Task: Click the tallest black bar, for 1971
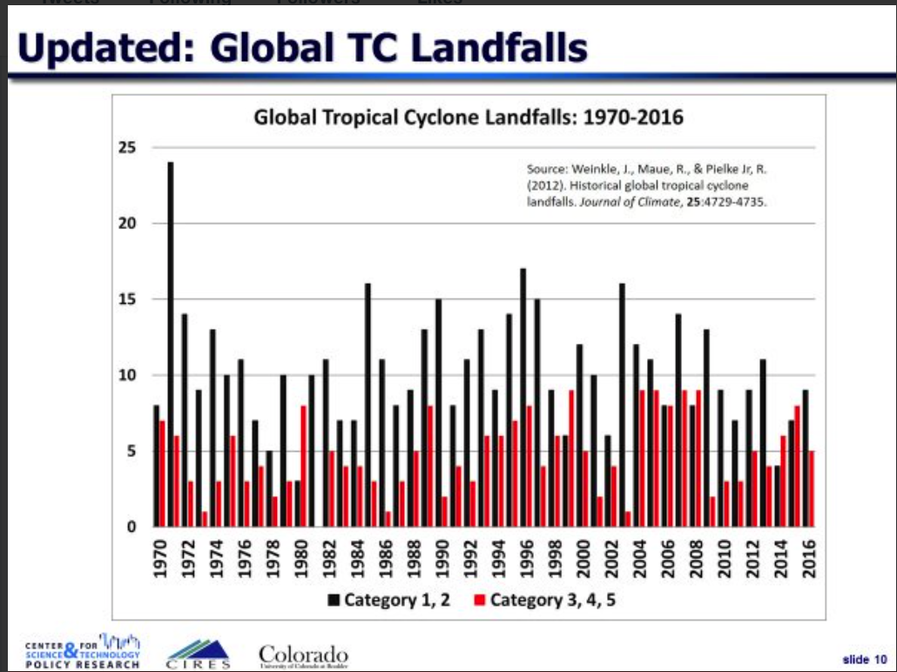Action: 171,344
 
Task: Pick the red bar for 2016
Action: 812,488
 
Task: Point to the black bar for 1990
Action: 438,413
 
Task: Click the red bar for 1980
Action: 304,466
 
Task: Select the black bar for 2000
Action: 579,435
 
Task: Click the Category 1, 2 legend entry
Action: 389,600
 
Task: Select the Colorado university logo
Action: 303,655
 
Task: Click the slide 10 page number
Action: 865,658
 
